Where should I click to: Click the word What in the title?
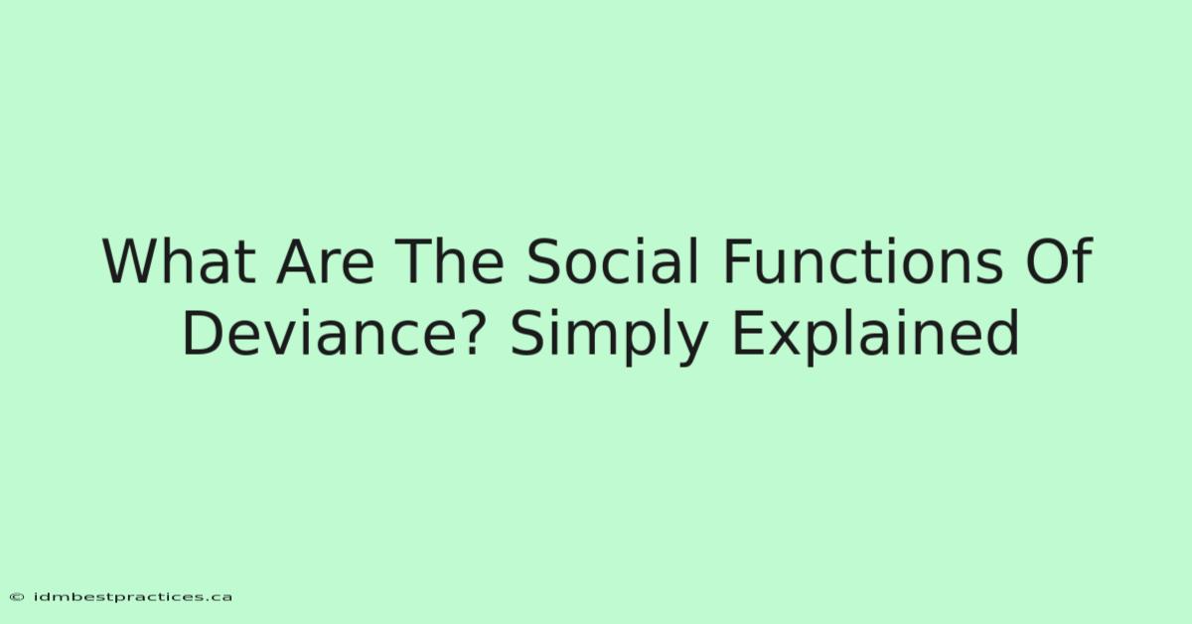point(179,261)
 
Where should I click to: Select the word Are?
point(325,261)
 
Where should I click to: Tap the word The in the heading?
point(451,261)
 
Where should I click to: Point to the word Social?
point(612,261)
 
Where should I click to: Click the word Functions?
point(862,261)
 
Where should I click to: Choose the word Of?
point(1059,260)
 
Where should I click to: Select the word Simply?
point(609,337)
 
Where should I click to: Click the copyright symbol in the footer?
point(17,597)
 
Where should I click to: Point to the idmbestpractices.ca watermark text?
point(132,597)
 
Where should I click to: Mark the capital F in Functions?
point(737,261)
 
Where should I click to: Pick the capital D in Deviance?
point(204,333)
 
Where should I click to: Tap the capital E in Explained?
point(748,333)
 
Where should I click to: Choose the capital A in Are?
point(297,261)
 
